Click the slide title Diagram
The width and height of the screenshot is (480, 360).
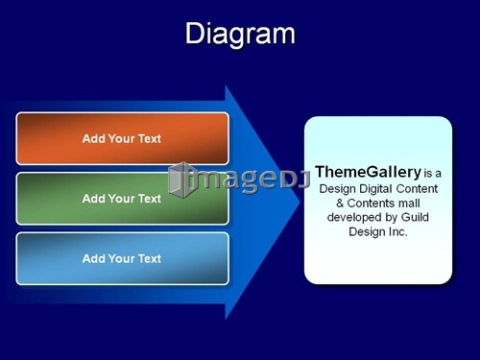coord(240,35)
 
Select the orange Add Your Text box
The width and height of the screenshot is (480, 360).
coord(123,138)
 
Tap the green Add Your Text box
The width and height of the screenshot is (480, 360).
coord(123,199)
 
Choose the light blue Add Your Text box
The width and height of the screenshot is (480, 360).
coord(123,258)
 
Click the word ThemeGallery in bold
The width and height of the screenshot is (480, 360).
coord(368,172)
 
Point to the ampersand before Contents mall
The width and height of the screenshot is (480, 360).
coord(340,204)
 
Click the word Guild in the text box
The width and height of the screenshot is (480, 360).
coord(415,217)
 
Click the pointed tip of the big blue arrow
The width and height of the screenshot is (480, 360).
coord(300,203)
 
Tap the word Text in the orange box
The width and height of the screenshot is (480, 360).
coord(150,138)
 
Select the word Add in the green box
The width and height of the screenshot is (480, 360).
coord(94,199)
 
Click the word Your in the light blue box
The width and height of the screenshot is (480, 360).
coord(122,258)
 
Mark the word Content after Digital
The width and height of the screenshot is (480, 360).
coord(417,188)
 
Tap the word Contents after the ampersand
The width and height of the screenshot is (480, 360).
coord(367,204)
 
